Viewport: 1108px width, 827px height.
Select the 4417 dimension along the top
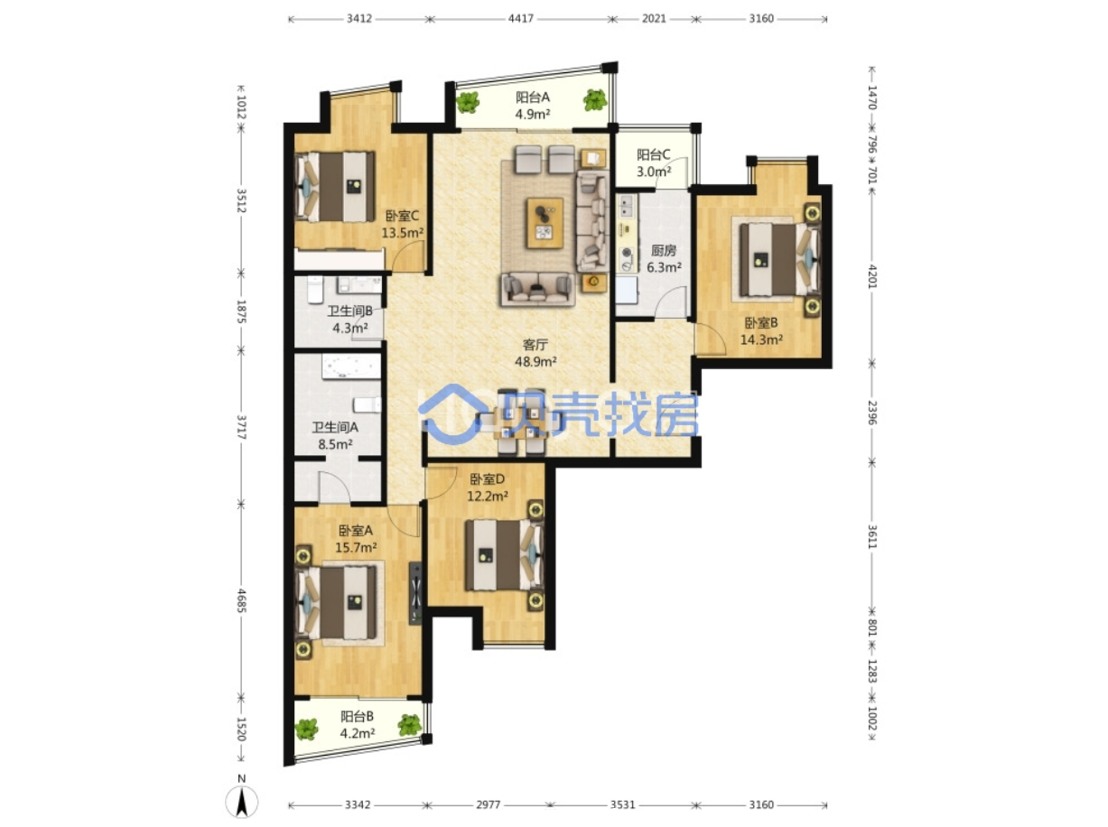click(x=520, y=19)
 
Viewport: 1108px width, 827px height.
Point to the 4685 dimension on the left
click(x=241, y=600)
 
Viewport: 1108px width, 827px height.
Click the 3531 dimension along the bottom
click(x=622, y=804)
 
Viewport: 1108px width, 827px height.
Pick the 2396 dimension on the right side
click(x=871, y=413)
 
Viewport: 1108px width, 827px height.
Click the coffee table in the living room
click(x=545, y=223)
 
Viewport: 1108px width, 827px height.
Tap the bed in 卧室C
click(x=335, y=187)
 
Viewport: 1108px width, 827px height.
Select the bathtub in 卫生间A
click(x=351, y=367)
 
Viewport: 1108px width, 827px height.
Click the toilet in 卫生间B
click(x=315, y=289)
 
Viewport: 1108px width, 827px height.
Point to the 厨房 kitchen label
click(x=663, y=250)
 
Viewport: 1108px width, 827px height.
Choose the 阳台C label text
click(x=653, y=154)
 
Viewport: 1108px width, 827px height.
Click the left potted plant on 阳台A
click(x=468, y=102)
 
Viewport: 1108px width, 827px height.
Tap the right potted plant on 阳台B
click(x=409, y=725)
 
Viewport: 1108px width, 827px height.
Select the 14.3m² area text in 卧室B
click(x=761, y=339)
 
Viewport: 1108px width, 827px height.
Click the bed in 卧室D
click(x=504, y=554)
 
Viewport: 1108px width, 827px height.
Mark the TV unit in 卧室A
click(x=415, y=593)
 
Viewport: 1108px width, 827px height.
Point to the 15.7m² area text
click(x=356, y=547)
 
